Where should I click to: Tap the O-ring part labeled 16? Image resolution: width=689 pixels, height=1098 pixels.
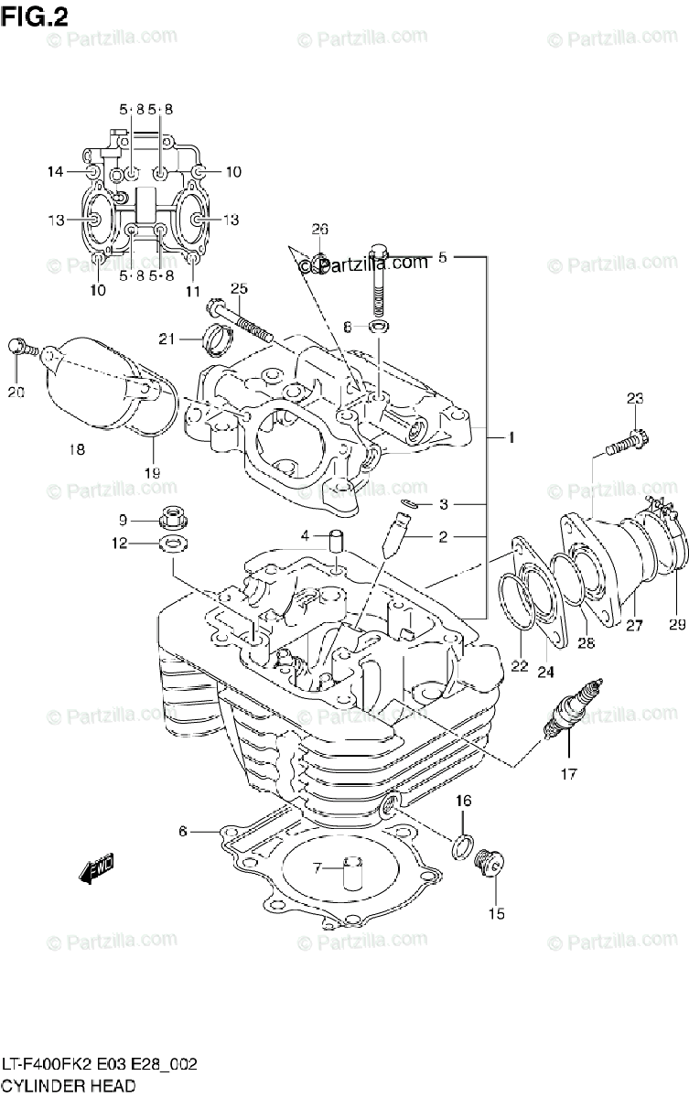pyautogui.click(x=462, y=846)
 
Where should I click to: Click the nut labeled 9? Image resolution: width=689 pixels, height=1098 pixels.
pyautogui.click(x=171, y=520)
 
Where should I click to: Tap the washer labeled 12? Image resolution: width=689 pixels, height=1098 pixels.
pyautogui.click(x=172, y=546)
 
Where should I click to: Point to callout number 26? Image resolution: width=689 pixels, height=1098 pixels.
pyautogui.click(x=318, y=229)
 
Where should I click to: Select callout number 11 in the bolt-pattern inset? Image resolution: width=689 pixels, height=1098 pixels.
pyautogui.click(x=193, y=291)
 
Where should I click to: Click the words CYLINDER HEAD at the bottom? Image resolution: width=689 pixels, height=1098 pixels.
pyautogui.click(x=70, y=1085)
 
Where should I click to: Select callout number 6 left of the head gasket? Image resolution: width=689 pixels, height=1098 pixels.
pyautogui.click(x=183, y=831)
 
